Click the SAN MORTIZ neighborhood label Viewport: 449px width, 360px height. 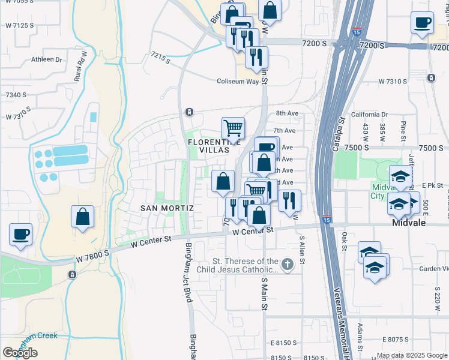tap(167, 208)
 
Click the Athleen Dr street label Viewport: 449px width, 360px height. tap(47, 59)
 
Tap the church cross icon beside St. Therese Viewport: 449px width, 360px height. tap(287, 264)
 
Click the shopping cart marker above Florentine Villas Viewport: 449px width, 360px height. tap(233, 128)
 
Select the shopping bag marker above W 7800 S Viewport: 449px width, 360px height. tap(82, 217)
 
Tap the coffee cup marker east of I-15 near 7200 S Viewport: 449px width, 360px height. tap(422, 23)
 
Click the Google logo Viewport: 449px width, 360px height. tap(20, 353)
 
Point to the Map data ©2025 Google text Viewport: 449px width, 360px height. tap(412, 355)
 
